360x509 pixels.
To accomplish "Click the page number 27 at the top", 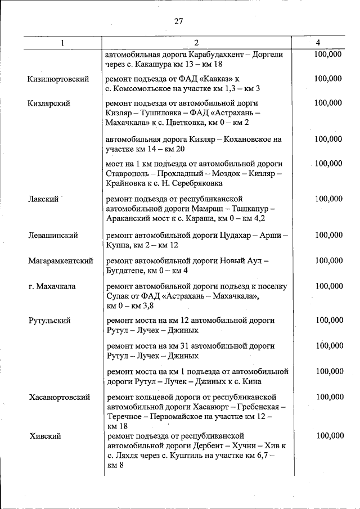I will (x=179, y=21).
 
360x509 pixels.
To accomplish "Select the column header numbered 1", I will (x=63, y=43).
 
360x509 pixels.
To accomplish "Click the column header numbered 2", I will (x=196, y=43).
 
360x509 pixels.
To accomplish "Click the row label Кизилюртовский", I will (x=58, y=79).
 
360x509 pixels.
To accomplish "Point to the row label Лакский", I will (x=43, y=199).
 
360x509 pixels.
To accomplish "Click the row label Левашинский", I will (x=53, y=236).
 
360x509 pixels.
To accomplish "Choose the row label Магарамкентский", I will (x=61, y=261).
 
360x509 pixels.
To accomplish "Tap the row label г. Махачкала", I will (x=52, y=286).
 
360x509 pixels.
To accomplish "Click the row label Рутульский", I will (x=49, y=321).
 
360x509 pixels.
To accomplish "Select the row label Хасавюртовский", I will (x=60, y=397).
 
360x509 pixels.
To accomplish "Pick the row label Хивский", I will (x=44, y=436).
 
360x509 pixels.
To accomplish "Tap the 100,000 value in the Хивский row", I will (x=328, y=436).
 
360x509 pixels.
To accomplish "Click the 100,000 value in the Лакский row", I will (x=328, y=199).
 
